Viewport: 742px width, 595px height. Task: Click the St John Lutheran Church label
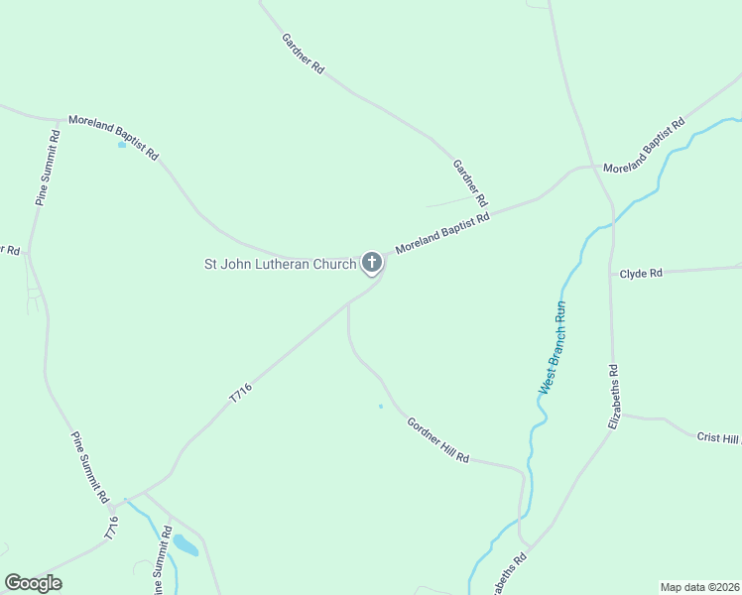tap(280, 264)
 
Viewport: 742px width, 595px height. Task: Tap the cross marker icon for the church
tap(372, 263)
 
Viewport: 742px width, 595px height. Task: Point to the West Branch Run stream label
tap(552, 348)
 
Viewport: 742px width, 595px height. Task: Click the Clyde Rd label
tap(641, 273)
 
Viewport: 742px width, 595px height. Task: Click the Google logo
tap(33, 583)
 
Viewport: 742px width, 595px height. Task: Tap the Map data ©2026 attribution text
tap(700, 586)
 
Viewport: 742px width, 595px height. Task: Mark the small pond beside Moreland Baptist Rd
tap(122, 145)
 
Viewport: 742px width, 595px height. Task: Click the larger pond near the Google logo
tap(185, 544)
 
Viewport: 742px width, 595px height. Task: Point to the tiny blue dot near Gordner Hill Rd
tap(380, 406)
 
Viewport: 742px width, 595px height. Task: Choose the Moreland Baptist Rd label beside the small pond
tap(113, 137)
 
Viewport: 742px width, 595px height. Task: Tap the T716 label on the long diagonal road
tap(241, 393)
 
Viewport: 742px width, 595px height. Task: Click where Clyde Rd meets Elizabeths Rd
tap(612, 272)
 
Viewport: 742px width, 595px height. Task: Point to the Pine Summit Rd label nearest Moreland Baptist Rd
tap(48, 167)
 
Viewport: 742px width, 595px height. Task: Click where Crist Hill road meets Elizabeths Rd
tap(621, 416)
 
